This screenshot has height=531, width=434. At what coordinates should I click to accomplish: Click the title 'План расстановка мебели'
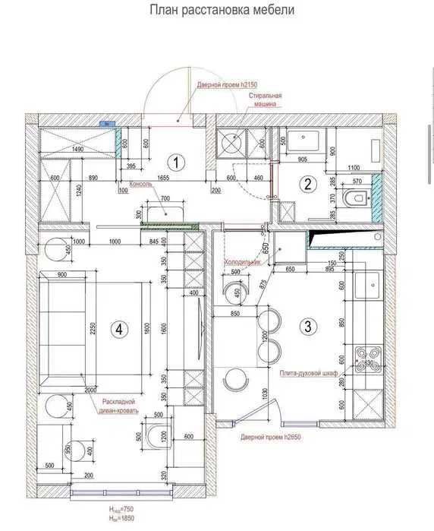[222, 11]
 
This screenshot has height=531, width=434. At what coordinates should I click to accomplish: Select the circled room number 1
[176, 161]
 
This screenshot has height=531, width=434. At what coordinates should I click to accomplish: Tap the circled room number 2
[307, 183]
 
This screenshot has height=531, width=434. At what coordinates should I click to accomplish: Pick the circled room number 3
[307, 327]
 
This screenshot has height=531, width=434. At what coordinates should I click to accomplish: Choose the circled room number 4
[118, 329]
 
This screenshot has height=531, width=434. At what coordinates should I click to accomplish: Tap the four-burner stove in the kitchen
[370, 355]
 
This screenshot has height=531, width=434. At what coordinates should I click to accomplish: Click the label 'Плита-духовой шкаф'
[307, 373]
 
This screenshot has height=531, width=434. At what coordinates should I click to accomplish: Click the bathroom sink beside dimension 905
[307, 141]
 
